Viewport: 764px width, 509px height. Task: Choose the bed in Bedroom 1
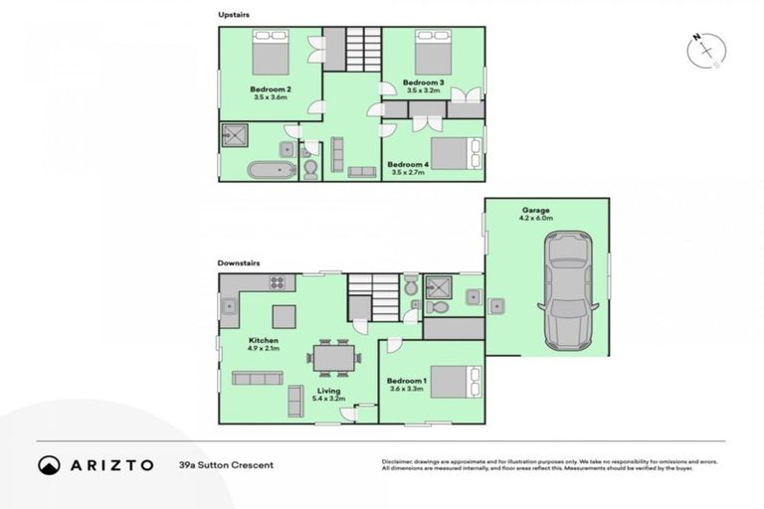[458, 383]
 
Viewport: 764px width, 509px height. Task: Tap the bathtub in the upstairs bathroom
[272, 169]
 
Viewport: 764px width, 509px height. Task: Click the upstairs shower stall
[236, 136]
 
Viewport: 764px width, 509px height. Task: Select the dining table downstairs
[328, 357]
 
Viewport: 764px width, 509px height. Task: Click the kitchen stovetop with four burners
[277, 282]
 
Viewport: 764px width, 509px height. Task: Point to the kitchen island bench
[285, 316]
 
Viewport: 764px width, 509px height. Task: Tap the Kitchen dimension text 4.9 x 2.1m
[265, 350]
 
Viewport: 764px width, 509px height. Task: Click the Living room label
[328, 391]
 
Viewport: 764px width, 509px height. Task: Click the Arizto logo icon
[50, 465]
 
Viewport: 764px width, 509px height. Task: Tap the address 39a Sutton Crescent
[226, 465]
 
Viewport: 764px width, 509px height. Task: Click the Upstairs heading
[235, 14]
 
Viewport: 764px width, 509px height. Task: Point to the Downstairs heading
[239, 263]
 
